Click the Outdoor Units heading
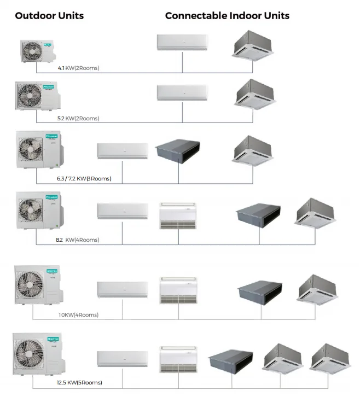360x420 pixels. coord(49,15)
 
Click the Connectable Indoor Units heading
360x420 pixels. coord(227,15)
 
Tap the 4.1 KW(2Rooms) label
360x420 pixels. coord(78,68)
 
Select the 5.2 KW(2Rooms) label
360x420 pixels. coord(78,118)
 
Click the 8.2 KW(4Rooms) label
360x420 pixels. coord(77,240)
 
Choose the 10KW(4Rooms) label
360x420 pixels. coord(78,314)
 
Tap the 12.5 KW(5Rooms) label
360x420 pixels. coord(79,382)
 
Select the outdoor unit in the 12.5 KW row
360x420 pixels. coord(36,352)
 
